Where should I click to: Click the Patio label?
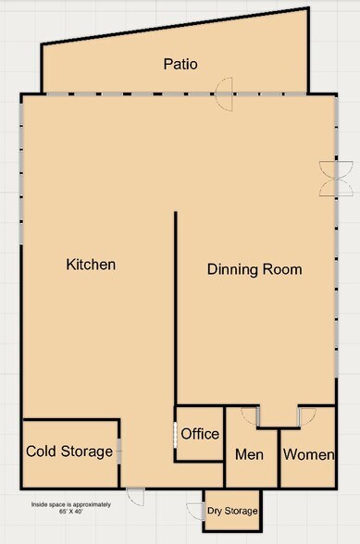pos(180,64)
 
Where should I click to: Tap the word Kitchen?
pos(91,265)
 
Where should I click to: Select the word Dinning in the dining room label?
pos(232,270)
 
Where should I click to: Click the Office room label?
pos(200,434)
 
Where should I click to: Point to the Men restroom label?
pos(249,454)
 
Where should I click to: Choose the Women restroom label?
pos(308,454)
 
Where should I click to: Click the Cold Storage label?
pos(69,451)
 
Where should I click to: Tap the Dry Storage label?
pos(232,511)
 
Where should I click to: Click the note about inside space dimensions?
pos(71,508)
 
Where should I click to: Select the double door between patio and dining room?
pos(224,94)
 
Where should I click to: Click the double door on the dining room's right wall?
pos(336,179)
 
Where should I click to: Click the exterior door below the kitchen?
pos(135,497)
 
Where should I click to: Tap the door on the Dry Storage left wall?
pos(195,512)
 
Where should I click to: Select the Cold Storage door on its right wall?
pos(119,451)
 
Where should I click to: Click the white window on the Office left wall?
pos(175,434)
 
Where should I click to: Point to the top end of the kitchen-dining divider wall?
pos(176,212)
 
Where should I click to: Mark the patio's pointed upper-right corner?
pos(308,7)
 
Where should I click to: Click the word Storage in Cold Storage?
pos(87,451)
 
